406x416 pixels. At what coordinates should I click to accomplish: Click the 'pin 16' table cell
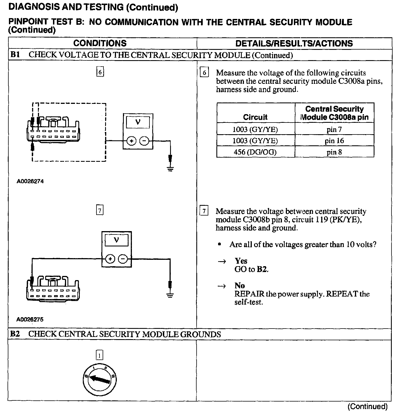(x=334, y=141)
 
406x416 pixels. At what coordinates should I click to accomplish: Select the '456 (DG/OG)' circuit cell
(x=255, y=152)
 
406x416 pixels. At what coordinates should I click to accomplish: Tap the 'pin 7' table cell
(x=334, y=129)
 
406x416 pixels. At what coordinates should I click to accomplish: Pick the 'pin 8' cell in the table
(x=334, y=152)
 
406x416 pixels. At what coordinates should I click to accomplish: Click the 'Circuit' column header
(x=255, y=117)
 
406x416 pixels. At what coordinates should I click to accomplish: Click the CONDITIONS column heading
(x=100, y=43)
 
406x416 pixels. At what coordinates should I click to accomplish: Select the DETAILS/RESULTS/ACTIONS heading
(x=294, y=43)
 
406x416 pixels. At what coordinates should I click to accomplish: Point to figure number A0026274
(x=30, y=181)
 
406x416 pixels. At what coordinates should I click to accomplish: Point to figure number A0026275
(x=30, y=319)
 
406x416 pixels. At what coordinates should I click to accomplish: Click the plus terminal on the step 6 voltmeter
(x=131, y=141)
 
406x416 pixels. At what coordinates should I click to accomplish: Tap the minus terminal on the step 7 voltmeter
(x=123, y=259)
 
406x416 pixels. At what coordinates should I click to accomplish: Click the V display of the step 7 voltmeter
(x=117, y=240)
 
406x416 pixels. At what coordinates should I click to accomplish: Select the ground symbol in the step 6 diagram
(x=170, y=168)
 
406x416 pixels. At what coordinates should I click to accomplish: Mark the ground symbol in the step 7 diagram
(x=170, y=295)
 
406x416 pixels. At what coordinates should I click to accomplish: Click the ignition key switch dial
(x=100, y=379)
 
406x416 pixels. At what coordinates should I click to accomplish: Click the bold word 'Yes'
(x=241, y=261)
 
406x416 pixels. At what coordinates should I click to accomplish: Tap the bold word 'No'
(x=240, y=285)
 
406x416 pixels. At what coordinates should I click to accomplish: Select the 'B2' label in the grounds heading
(x=15, y=334)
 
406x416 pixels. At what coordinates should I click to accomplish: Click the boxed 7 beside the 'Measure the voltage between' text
(x=204, y=211)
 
